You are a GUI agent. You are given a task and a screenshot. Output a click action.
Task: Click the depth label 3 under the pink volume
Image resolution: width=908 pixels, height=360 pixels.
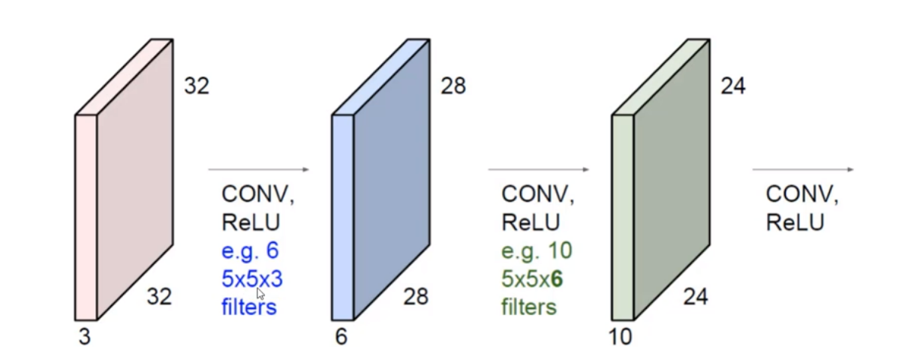coord(84,337)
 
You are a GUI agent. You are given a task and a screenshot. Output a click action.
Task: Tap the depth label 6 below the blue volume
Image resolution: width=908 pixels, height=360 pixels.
coord(341,337)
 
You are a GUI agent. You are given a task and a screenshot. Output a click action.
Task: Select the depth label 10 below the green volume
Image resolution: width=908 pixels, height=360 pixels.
coord(620,337)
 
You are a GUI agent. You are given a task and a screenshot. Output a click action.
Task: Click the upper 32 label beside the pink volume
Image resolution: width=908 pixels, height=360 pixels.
coord(197,87)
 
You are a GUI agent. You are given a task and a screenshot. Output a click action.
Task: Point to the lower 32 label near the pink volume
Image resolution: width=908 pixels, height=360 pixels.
coord(158,297)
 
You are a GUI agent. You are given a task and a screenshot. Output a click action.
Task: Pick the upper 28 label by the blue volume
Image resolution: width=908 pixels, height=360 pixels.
coord(453,87)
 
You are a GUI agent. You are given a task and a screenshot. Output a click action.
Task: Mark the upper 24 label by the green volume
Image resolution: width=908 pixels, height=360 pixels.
coord(733,87)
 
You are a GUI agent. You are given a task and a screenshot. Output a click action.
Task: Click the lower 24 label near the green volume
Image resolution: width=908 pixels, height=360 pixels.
coord(695,297)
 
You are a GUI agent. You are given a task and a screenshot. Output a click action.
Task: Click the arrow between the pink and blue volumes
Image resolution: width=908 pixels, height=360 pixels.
coord(258,170)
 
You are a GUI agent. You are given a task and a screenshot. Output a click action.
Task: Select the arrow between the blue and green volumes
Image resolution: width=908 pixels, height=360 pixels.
coord(538,170)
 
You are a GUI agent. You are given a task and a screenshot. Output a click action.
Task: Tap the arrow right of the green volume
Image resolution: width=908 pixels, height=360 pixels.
coord(803,170)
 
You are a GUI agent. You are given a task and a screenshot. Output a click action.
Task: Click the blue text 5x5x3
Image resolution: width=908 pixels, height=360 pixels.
coord(252,279)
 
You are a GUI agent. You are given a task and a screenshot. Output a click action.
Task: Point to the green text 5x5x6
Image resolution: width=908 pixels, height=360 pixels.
coord(532,279)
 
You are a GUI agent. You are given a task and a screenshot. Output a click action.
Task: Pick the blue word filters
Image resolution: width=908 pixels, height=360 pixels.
coord(249,307)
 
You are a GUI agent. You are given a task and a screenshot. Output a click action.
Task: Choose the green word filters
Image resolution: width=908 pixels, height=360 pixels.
coord(529,307)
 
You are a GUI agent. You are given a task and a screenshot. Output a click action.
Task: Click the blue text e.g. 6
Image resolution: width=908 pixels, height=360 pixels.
coord(250,250)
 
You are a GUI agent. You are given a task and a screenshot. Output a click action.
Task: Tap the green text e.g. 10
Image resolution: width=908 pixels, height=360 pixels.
coord(536,250)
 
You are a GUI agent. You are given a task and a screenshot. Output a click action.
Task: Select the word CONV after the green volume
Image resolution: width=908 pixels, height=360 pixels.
coord(801,194)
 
